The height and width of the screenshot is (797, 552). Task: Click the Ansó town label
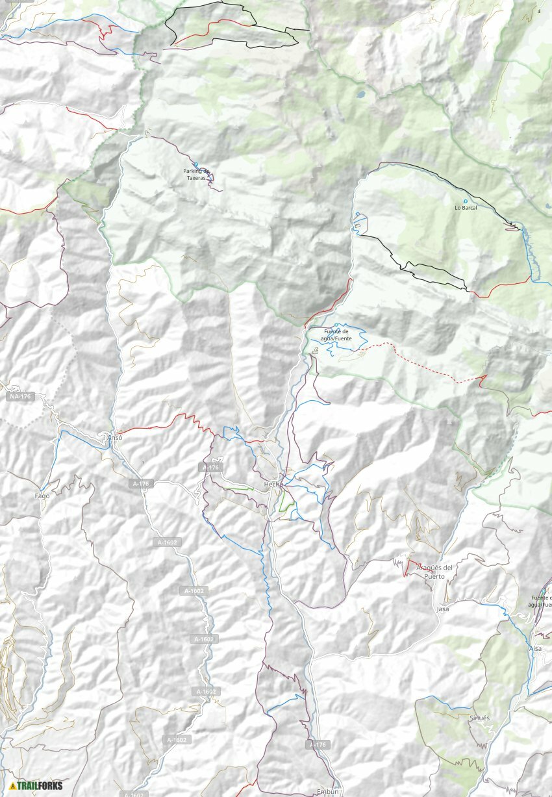point(114,437)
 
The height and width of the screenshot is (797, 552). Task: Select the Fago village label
point(42,496)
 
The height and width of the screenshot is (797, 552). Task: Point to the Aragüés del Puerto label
point(434,572)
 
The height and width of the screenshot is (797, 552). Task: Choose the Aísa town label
point(535,648)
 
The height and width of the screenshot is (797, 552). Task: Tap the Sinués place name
point(479,718)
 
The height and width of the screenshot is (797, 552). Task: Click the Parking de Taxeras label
point(195,173)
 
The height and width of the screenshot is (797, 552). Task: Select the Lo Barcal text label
point(466,208)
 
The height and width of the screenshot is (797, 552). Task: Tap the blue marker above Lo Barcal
point(465,201)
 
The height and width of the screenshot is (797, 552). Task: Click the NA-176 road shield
point(20,396)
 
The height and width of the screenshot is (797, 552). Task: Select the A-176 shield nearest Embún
point(318,744)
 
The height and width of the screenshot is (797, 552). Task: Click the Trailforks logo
point(36,785)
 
